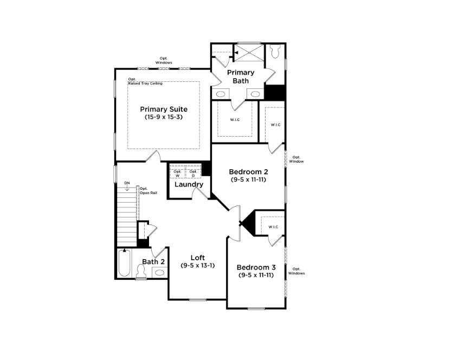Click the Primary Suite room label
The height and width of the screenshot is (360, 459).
coord(163,109)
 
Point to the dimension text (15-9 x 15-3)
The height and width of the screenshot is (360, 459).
coord(163,117)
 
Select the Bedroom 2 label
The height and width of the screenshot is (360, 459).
coord(248,172)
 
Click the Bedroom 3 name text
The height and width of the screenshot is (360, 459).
coord(256,267)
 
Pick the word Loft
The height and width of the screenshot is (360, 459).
coord(197,258)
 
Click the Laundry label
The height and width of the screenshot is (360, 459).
coord(189,184)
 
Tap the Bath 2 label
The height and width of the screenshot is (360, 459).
coord(153,262)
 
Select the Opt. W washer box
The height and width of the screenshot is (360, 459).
coord(177,173)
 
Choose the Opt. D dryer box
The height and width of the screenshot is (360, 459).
coord(193,173)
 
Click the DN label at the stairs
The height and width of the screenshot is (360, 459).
coord(127,183)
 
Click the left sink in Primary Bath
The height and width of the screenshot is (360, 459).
coord(221,94)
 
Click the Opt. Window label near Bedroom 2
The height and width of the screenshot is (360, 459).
coord(296,159)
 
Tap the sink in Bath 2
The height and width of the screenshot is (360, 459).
coord(159,272)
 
